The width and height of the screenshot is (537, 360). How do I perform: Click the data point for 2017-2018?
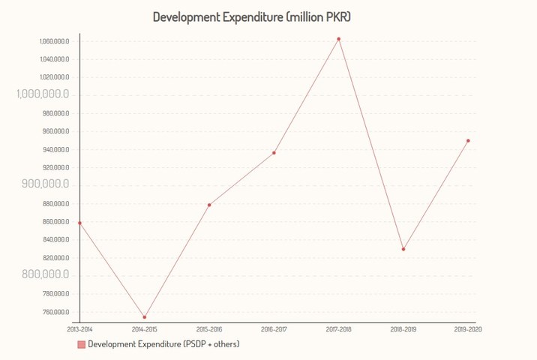(338, 39)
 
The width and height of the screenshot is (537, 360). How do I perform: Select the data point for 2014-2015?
(145, 317)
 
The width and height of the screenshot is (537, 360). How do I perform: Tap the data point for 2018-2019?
(403, 249)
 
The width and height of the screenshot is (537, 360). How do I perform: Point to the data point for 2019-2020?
(468, 140)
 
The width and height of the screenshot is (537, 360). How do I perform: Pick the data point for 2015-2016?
(209, 205)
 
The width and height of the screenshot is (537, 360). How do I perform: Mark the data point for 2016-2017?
(274, 153)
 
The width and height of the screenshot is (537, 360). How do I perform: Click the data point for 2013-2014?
(79, 223)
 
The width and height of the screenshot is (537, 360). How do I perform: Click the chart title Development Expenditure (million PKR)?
(252, 16)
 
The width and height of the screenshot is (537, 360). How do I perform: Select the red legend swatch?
(81, 344)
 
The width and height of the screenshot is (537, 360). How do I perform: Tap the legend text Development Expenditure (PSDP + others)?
(163, 344)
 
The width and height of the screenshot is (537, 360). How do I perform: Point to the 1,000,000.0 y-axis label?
(43, 94)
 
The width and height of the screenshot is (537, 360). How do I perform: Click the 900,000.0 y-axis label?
(43, 184)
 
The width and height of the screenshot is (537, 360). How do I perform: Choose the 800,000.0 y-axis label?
(43, 275)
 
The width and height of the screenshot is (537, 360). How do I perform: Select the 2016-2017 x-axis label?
(274, 329)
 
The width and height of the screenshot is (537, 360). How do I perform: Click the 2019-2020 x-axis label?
(468, 329)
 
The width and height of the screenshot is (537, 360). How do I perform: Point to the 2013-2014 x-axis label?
(79, 329)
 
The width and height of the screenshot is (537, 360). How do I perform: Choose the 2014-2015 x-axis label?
(145, 329)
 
